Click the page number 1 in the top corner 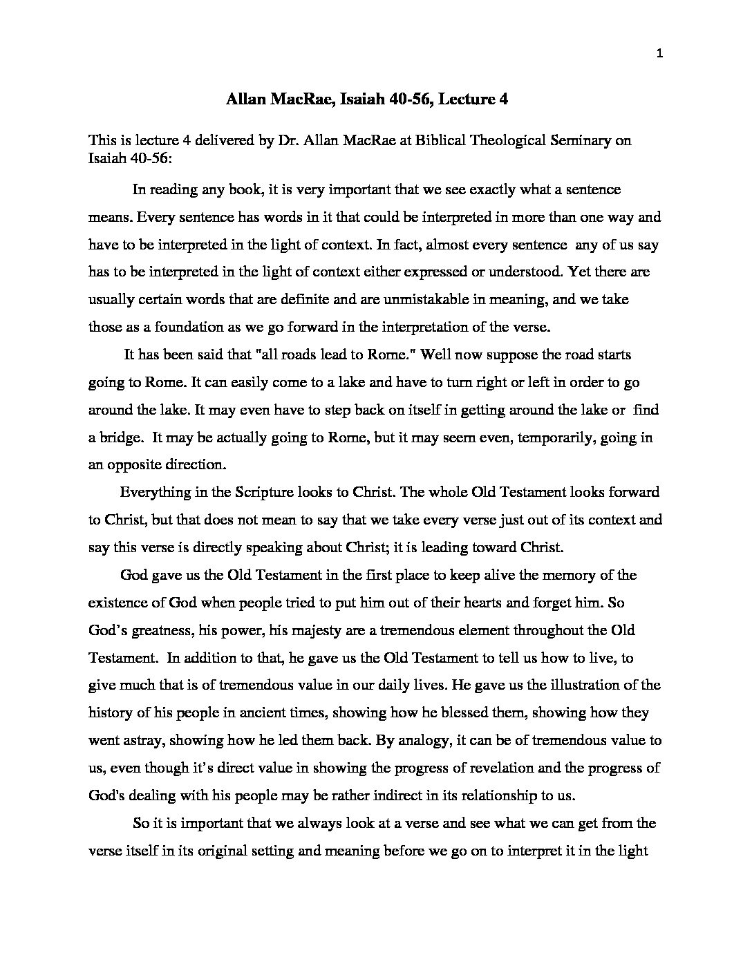659,55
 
